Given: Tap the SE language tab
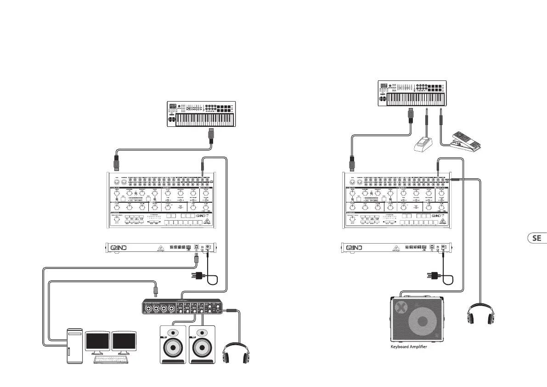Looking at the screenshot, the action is [x=536, y=239].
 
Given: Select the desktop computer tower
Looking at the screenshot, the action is [x=75, y=346].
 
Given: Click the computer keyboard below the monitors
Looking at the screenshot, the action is [x=110, y=359].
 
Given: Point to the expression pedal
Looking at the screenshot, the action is [x=465, y=141].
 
